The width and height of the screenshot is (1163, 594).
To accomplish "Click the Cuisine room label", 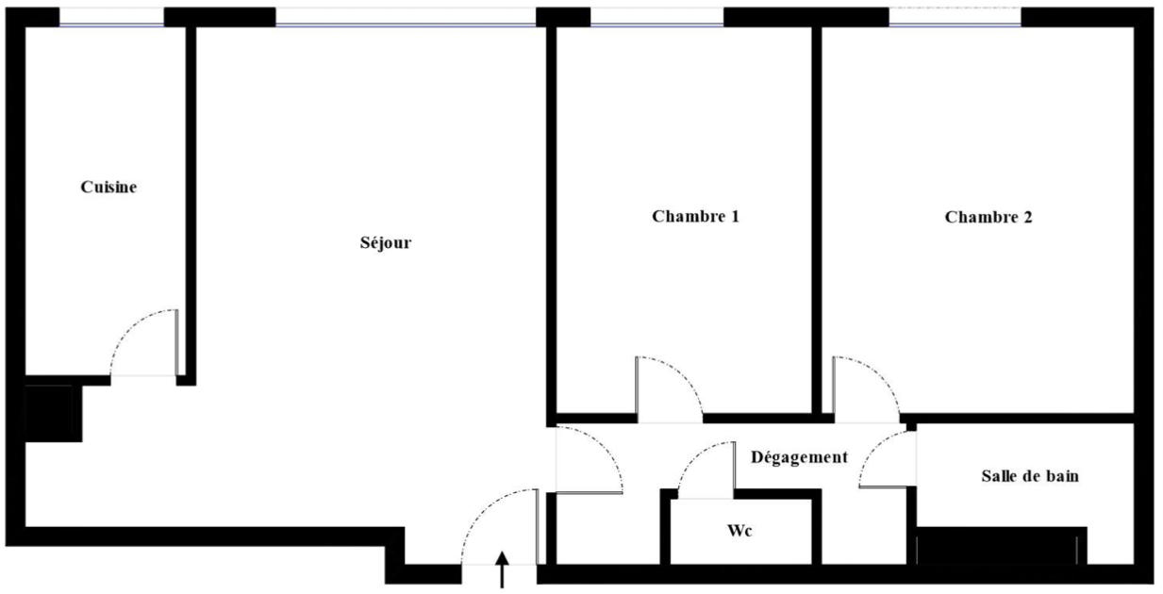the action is tap(108, 187).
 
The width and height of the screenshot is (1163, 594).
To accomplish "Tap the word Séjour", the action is tap(386, 243).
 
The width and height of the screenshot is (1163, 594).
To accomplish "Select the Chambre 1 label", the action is tap(695, 216).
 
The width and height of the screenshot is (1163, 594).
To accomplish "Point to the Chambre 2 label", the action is tap(989, 217).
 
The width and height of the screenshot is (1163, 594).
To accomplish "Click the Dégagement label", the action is tap(800, 457).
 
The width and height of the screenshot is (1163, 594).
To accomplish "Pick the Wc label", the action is tap(739, 530).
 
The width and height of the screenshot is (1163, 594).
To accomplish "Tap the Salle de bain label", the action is tap(1030, 476).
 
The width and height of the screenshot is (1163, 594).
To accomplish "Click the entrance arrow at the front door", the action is tap(502, 569).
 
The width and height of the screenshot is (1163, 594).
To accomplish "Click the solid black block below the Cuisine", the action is tap(54, 414).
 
